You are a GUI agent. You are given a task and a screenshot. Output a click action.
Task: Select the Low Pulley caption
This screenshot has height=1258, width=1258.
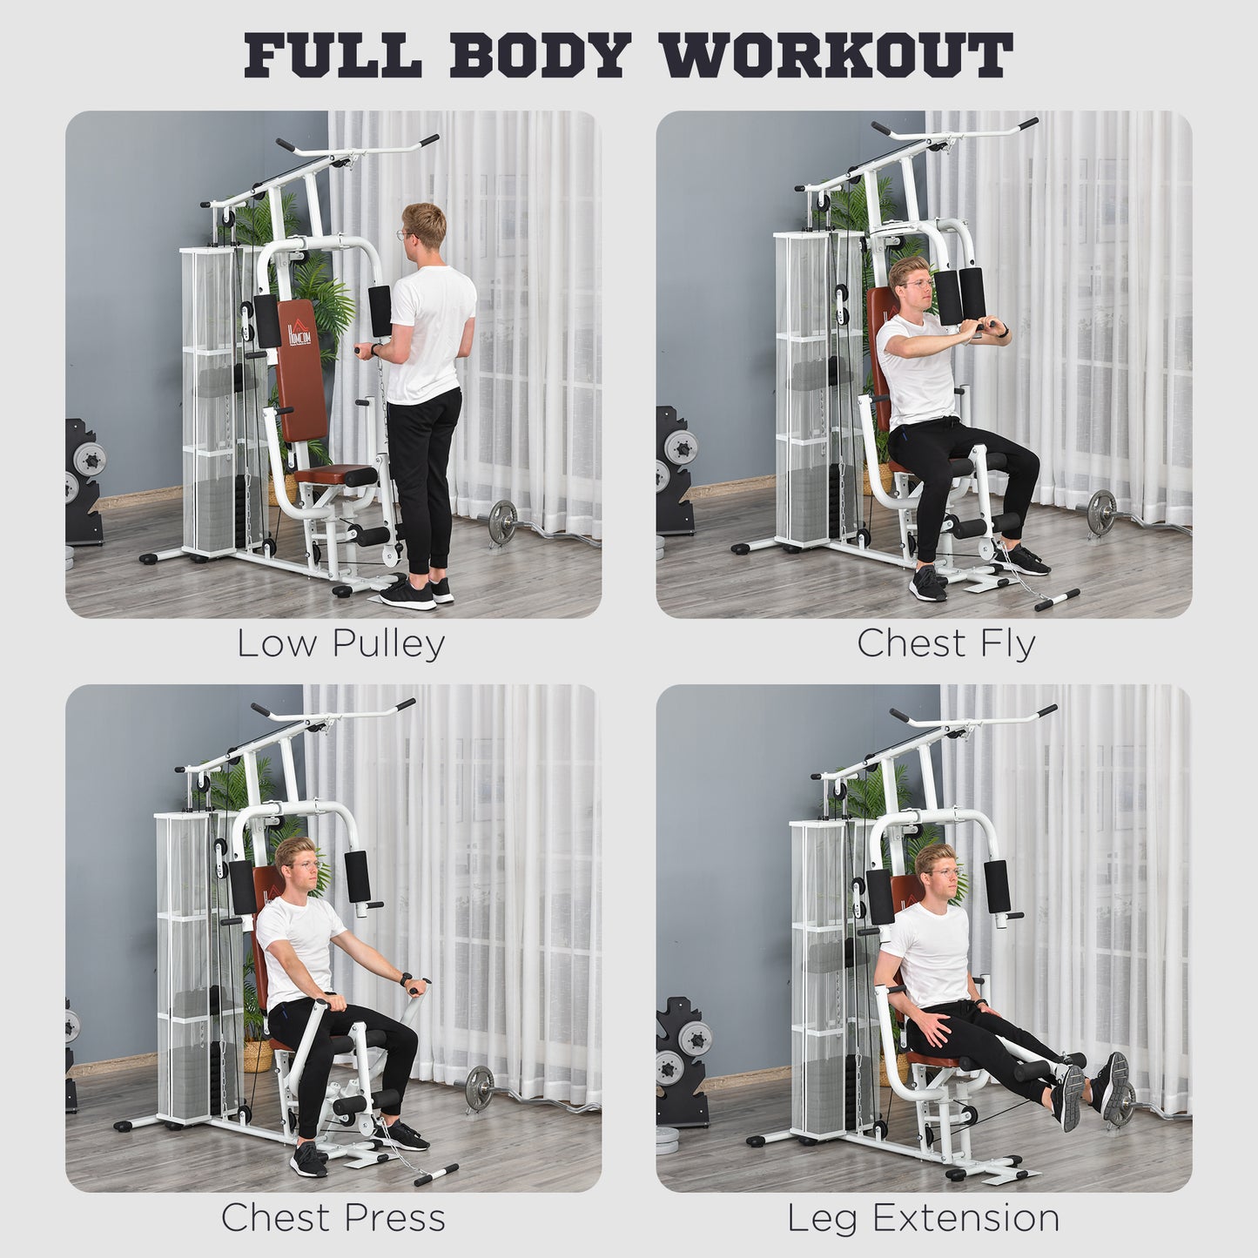click(340, 644)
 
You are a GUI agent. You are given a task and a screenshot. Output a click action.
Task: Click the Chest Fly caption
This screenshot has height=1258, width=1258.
click(946, 644)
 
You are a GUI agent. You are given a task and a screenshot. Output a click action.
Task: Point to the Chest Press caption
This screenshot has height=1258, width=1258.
click(333, 1217)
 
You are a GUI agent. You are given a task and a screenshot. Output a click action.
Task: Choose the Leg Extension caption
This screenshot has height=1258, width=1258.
click(924, 1217)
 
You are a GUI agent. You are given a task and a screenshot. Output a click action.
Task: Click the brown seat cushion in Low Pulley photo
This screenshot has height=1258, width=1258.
click(340, 475)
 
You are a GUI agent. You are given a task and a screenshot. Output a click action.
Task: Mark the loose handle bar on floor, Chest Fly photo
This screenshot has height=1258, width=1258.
click(1052, 599)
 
